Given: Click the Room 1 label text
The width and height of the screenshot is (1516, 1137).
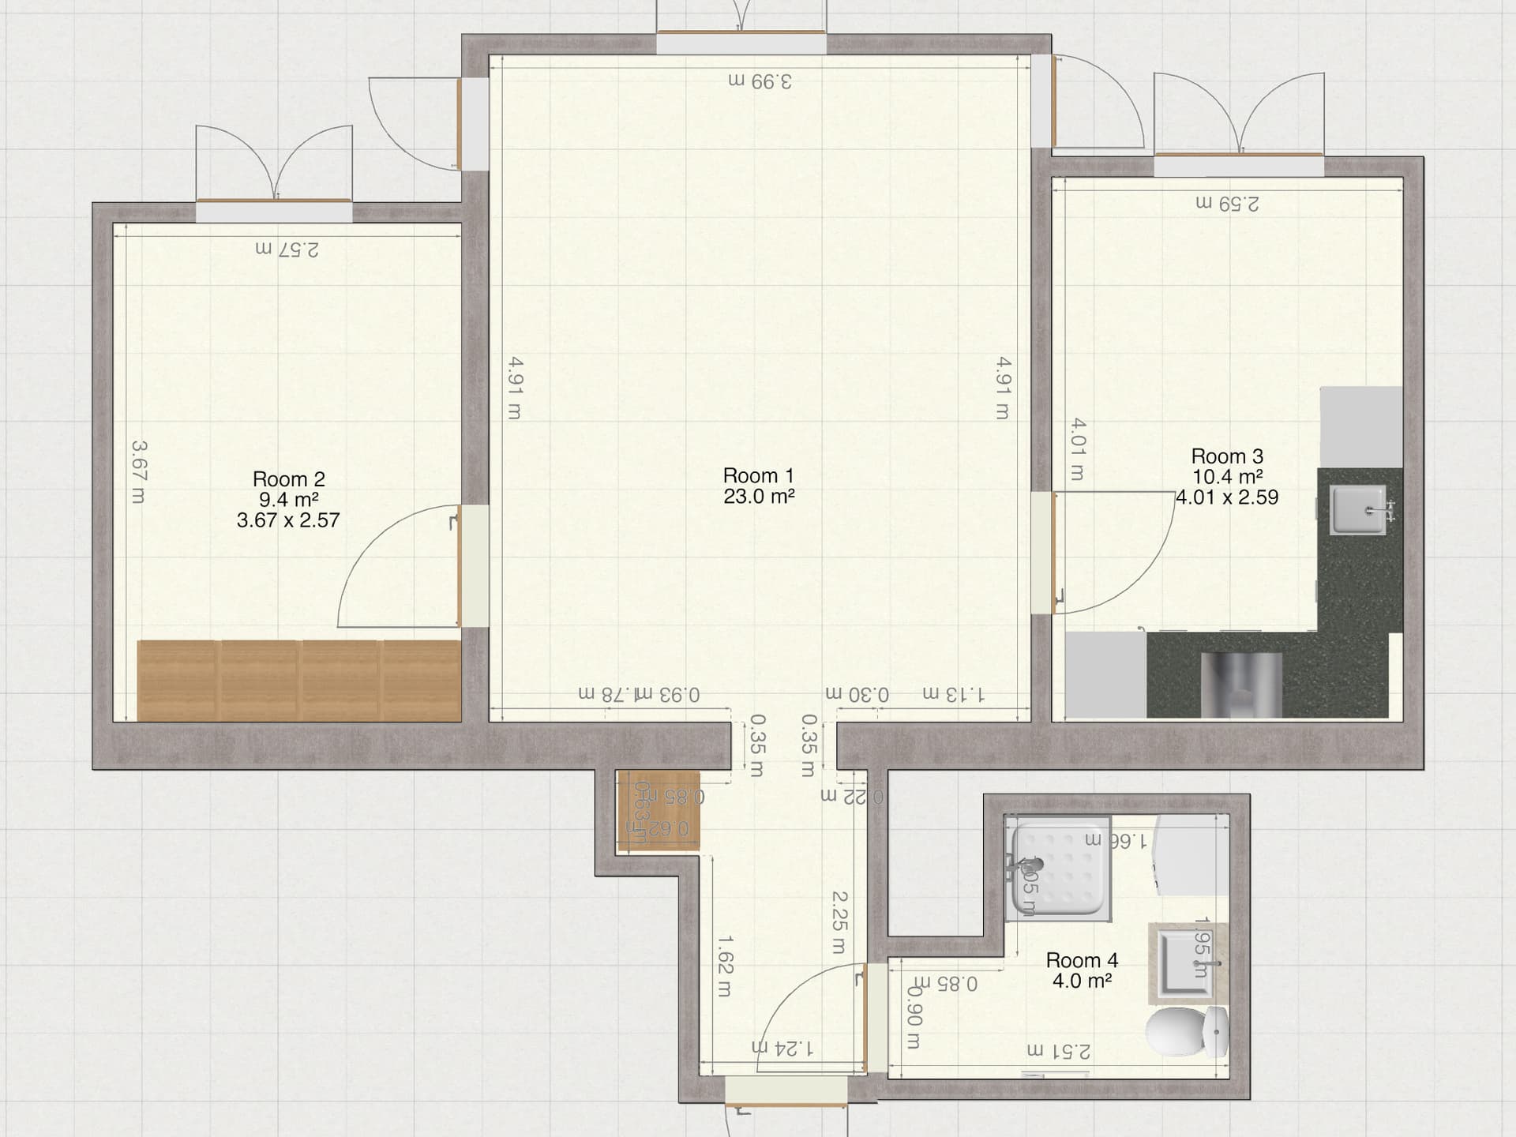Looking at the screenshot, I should (758, 476).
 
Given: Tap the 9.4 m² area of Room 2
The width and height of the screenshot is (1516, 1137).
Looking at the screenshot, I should (288, 500).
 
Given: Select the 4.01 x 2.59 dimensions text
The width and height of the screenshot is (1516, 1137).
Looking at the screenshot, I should (1227, 497).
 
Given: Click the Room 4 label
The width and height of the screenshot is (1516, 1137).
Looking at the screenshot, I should (1082, 960).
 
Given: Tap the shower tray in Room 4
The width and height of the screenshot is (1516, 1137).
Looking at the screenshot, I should (1059, 872).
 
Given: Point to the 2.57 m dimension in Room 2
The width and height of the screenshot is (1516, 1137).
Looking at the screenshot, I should (287, 249).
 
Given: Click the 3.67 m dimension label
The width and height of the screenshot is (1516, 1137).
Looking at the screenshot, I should (139, 472).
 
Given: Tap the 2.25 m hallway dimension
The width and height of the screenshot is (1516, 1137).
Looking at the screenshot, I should (839, 921).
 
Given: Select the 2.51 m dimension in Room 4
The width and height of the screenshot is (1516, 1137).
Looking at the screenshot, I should (1059, 1051).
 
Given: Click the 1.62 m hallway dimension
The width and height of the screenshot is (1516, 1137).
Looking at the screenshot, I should (725, 966).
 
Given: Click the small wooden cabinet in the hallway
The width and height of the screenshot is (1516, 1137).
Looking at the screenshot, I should (658, 811).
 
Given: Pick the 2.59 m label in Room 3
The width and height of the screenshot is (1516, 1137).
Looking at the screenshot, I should (1227, 204).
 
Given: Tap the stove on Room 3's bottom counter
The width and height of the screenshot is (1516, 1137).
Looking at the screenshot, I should (1241, 684).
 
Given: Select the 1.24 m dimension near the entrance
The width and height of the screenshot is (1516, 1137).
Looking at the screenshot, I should (782, 1048).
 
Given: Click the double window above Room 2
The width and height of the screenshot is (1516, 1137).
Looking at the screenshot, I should (274, 210).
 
